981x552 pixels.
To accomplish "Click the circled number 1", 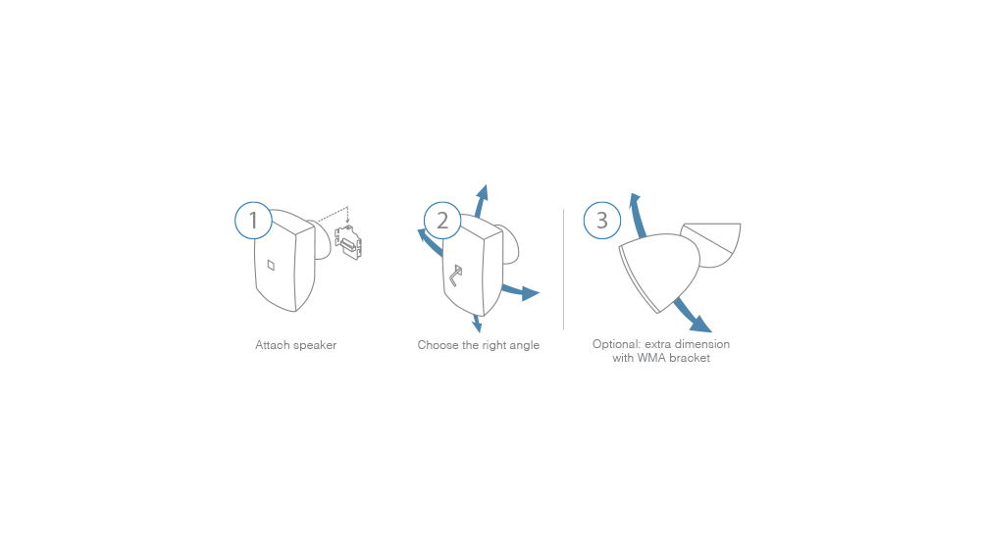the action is point(253,220).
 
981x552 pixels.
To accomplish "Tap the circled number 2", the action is point(442,220).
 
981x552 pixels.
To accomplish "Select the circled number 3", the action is point(602,220).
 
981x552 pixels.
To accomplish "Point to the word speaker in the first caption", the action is point(314,346).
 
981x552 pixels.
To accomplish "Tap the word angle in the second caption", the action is point(524,346).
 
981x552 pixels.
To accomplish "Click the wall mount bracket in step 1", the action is point(348,242).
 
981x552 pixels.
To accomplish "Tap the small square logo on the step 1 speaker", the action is point(271,265).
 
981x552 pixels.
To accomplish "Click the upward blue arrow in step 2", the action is point(481,201).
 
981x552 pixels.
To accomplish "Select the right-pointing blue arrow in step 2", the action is point(521,292).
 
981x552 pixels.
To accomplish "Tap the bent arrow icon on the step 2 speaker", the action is point(455,276).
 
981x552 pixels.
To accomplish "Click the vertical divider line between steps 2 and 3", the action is point(564,270).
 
